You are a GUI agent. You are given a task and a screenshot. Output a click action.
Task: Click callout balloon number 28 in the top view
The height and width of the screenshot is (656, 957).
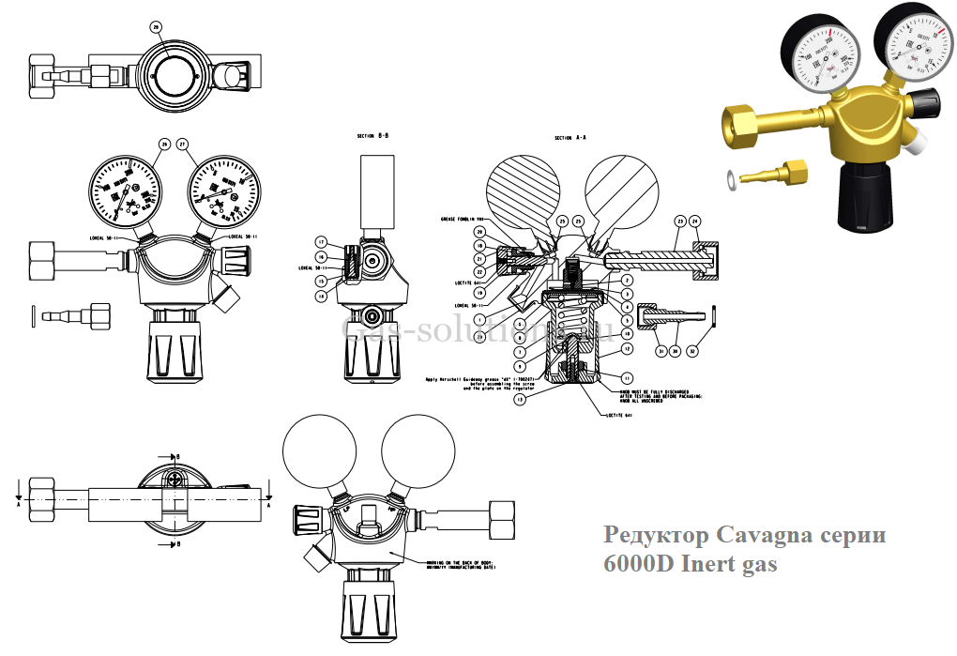156,28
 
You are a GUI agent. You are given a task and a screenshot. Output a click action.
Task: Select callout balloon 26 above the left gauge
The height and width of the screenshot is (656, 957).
164,144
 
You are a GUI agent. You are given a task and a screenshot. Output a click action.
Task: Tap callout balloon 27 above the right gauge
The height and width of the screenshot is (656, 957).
183,144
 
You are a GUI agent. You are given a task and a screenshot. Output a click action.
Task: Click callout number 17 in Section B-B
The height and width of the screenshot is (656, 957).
320,241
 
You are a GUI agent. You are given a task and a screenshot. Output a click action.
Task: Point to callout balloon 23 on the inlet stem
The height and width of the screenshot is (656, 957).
678,221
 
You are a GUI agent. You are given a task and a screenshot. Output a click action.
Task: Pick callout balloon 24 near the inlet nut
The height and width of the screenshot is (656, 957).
695,221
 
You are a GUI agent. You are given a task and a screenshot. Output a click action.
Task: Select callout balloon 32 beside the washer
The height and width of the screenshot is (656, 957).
693,352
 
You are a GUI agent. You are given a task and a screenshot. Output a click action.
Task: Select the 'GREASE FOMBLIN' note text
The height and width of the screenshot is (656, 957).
462,219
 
